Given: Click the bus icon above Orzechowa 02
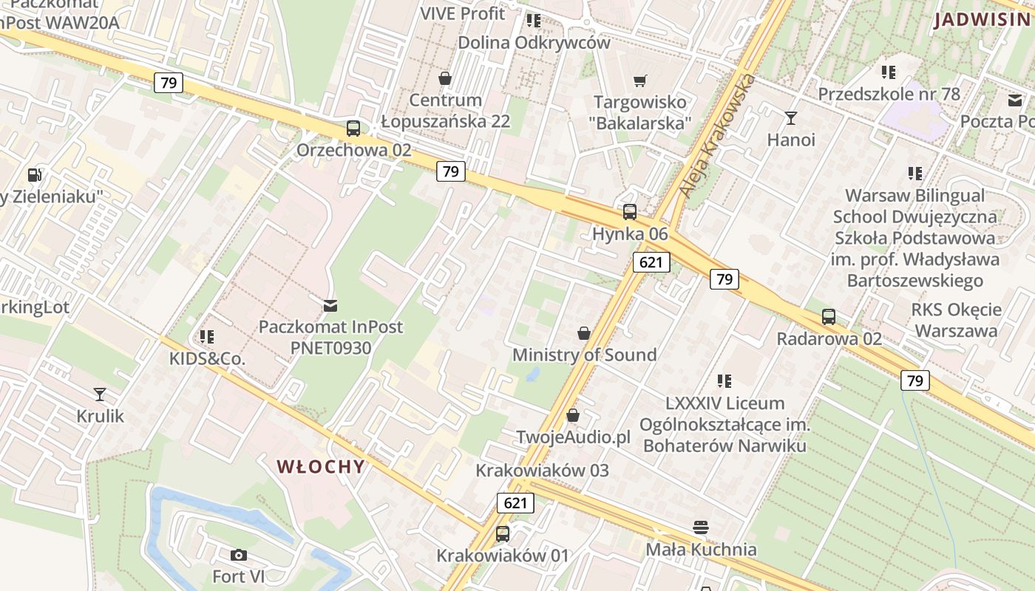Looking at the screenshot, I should [x=353, y=129].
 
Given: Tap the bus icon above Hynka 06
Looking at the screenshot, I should [x=630, y=212].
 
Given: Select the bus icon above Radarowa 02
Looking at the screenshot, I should [x=829, y=317].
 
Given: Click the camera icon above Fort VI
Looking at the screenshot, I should [x=238, y=555].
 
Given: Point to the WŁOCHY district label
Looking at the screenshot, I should [x=321, y=466].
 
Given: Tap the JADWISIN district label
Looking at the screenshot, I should [x=981, y=20].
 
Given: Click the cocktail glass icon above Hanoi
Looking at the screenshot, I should [x=791, y=117].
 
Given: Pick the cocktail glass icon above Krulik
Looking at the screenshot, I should [x=100, y=394].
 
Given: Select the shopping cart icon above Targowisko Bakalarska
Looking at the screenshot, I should [x=640, y=80].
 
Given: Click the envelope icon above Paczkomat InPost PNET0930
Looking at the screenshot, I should [x=330, y=305].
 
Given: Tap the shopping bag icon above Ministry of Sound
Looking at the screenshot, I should [x=584, y=333].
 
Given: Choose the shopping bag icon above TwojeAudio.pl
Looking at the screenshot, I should [x=573, y=416].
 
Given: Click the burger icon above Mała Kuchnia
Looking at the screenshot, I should [x=701, y=527].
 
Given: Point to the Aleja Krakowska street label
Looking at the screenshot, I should [x=718, y=135].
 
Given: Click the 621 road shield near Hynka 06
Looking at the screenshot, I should [x=651, y=262].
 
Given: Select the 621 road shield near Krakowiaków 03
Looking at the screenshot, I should [x=515, y=503].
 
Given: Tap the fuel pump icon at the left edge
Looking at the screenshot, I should [x=34, y=175].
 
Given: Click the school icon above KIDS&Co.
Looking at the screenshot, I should [x=207, y=337].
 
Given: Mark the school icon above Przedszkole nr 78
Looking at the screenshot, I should [x=889, y=72].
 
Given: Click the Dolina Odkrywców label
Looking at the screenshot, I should [x=534, y=42].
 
